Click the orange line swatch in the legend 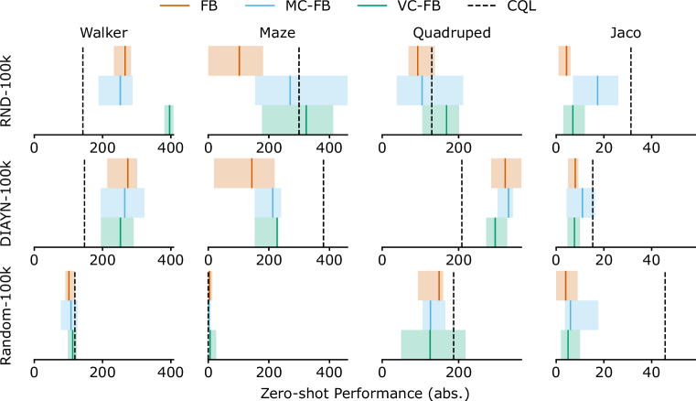175,5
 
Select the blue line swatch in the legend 260,5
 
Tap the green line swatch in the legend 371,5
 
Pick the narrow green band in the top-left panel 168,119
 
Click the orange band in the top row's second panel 235,60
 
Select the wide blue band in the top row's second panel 301,90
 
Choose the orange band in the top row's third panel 421,60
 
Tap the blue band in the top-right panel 595,90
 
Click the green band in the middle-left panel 117,232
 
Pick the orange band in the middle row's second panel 244,172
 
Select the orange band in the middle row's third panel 506,172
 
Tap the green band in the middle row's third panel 497,232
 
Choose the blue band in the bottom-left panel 69,315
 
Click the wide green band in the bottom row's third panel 433,344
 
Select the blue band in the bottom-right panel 582,315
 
